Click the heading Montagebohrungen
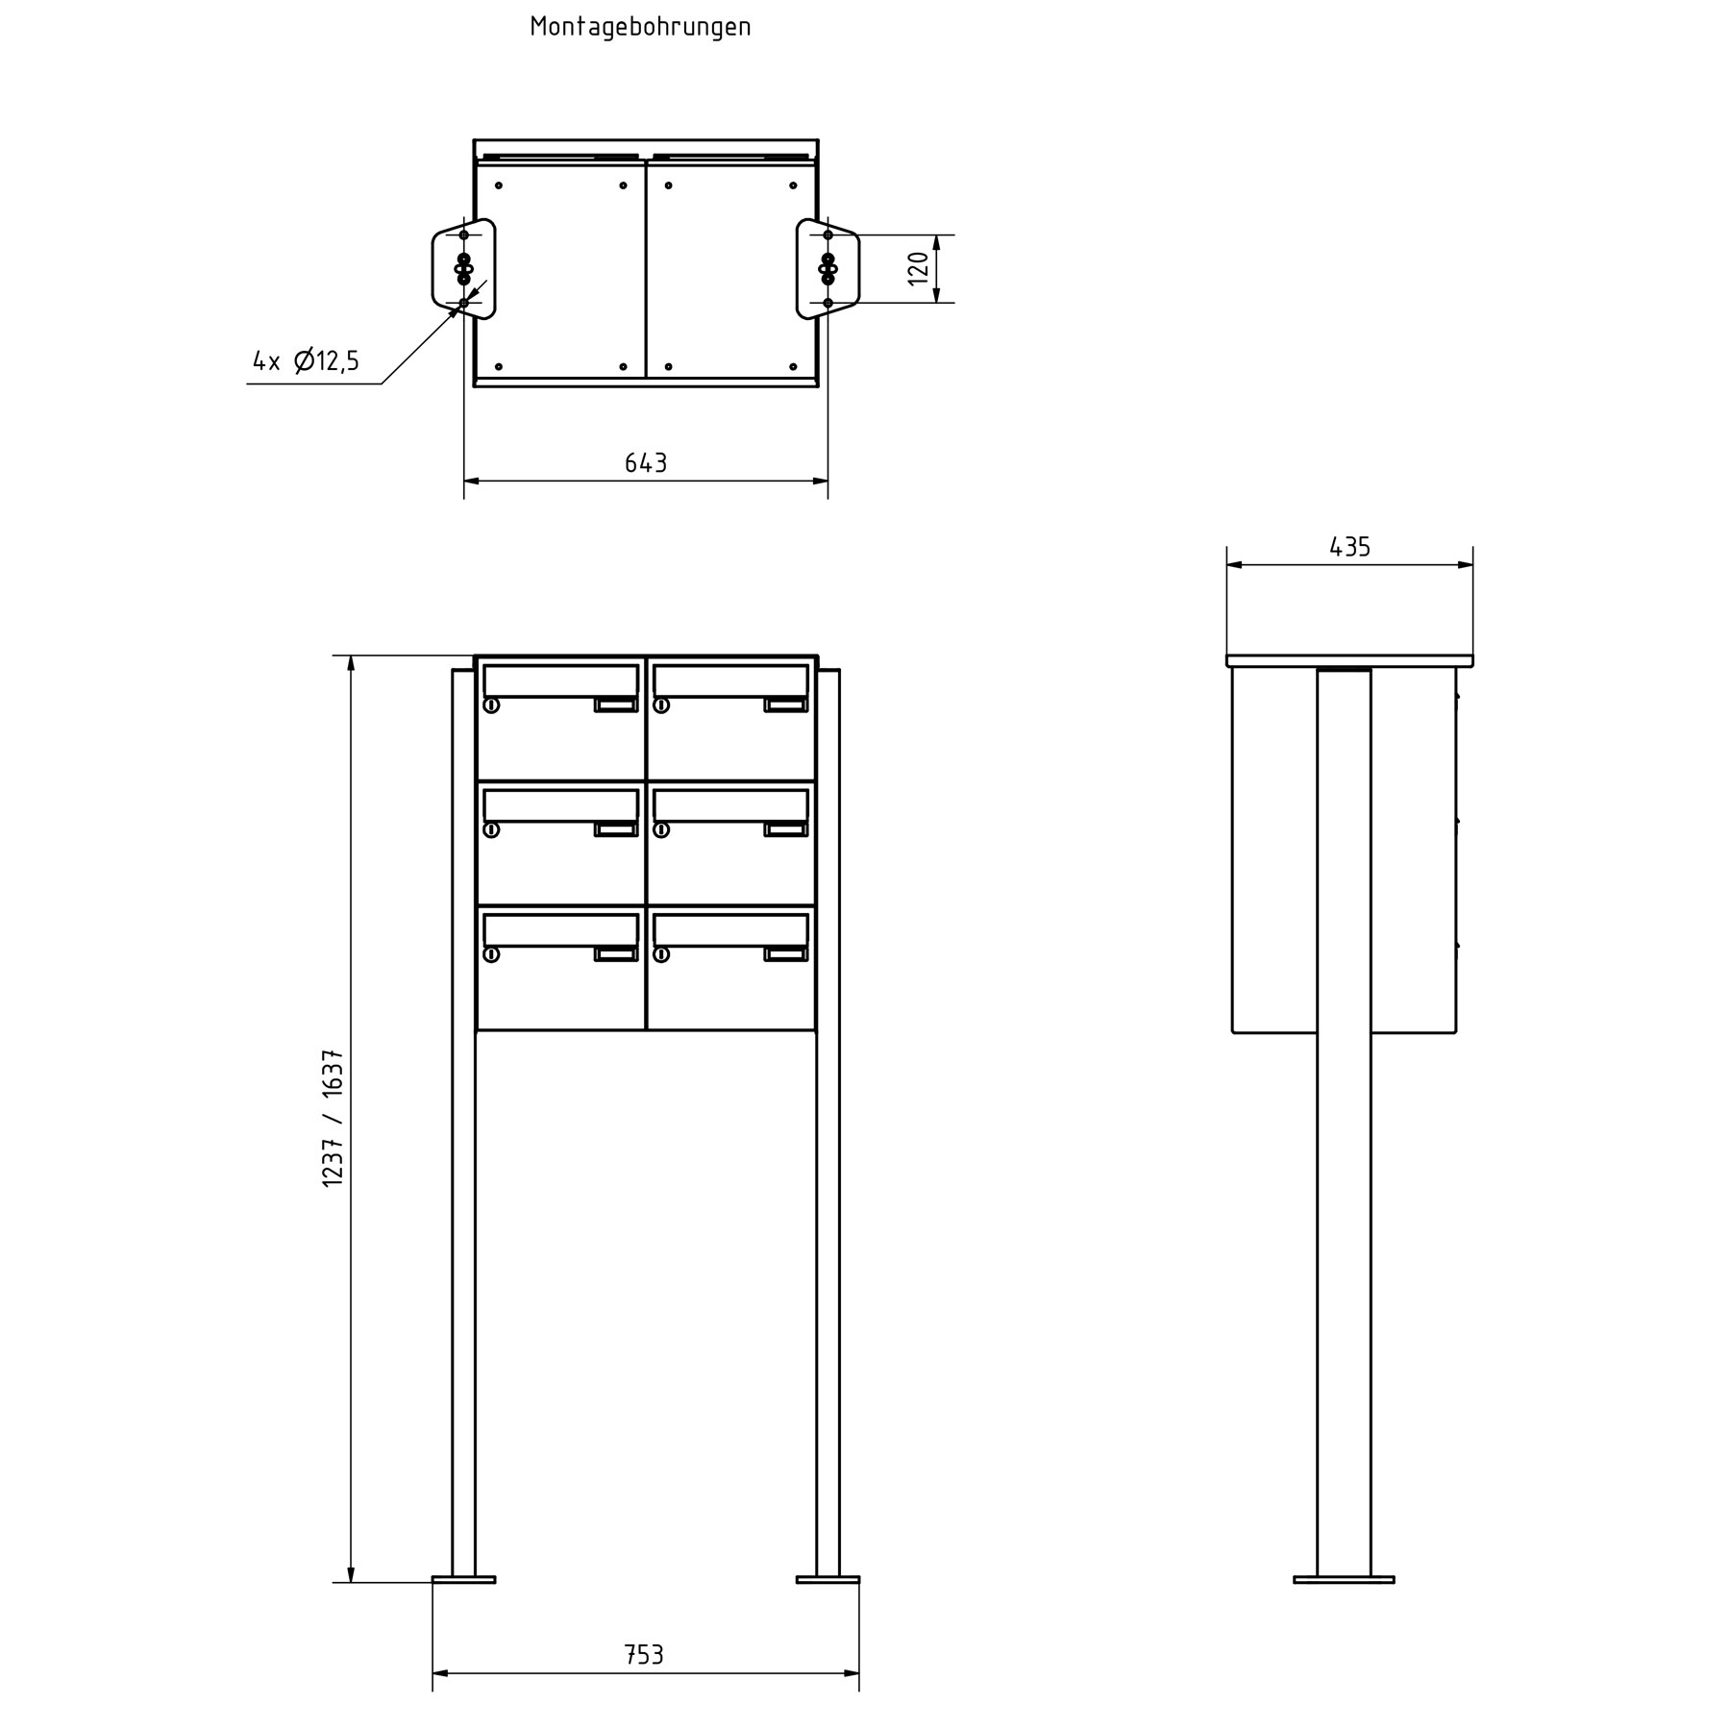[640, 27]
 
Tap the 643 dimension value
[646, 463]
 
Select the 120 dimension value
[920, 268]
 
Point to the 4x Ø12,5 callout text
[306, 361]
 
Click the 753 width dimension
[644, 1654]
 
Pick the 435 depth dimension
[1349, 547]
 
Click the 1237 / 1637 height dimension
[334, 1119]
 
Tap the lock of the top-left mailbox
[491, 705]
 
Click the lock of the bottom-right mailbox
[661, 954]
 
